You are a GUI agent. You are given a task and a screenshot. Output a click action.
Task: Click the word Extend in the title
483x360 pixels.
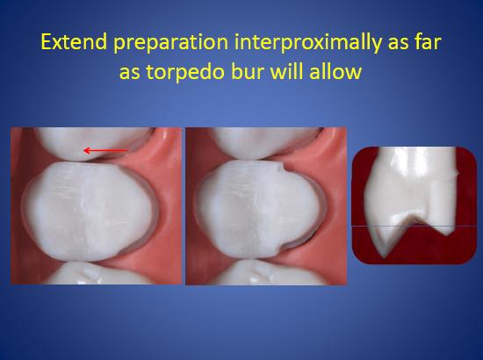[74, 42]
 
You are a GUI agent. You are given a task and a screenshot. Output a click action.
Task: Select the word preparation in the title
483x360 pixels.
[171, 44]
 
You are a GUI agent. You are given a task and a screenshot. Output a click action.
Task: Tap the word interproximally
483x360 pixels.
[307, 44]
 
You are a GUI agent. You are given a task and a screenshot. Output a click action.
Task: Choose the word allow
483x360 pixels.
[335, 72]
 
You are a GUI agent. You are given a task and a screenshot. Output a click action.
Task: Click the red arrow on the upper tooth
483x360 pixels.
[105, 151]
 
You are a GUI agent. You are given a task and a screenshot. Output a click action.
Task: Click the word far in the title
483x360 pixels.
[429, 42]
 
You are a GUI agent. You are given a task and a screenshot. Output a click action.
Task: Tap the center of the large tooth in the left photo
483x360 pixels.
[89, 211]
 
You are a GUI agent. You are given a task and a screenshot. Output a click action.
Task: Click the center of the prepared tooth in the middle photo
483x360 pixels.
[260, 209]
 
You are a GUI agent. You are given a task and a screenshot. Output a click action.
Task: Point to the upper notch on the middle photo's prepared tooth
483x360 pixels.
[282, 169]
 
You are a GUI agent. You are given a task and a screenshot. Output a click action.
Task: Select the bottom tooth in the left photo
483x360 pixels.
[98, 273]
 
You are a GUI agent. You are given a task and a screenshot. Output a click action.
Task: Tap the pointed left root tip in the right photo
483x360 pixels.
[384, 256]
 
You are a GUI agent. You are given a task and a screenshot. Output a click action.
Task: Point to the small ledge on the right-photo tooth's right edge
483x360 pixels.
[456, 175]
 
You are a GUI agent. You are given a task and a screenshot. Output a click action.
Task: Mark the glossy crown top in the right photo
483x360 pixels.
[416, 160]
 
